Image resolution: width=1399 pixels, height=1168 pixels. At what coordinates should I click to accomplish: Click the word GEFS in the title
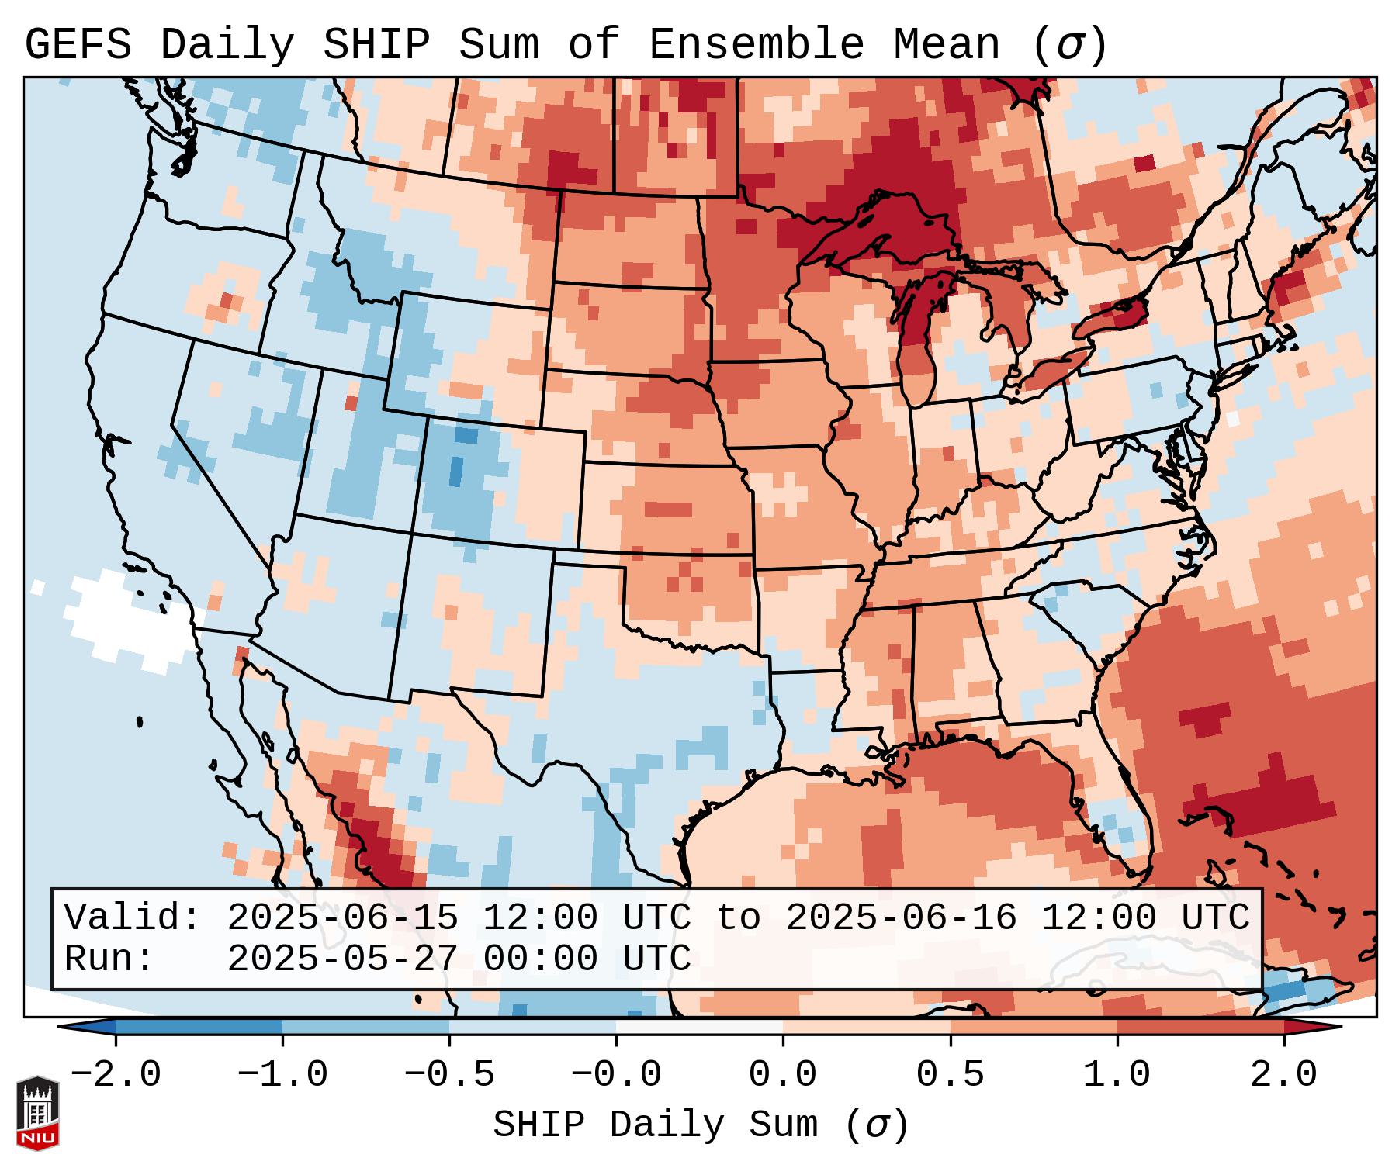pyautogui.click(x=78, y=45)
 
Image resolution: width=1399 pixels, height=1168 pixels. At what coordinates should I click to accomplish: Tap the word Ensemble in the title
pyautogui.click(x=756, y=45)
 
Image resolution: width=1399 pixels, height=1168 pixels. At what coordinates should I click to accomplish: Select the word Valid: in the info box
pyautogui.click(x=133, y=918)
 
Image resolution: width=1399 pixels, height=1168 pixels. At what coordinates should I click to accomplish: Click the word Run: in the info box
pyautogui.click(x=109, y=959)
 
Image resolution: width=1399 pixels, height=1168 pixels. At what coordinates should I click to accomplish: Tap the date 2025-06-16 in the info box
pyautogui.click(x=901, y=918)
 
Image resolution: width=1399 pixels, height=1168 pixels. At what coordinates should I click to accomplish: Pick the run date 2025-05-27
pyautogui.click(x=342, y=959)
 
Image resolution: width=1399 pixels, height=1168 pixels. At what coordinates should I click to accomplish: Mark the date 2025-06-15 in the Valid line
pyautogui.click(x=342, y=918)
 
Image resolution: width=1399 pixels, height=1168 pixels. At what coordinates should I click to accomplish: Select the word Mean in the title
pyautogui.click(x=947, y=45)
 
